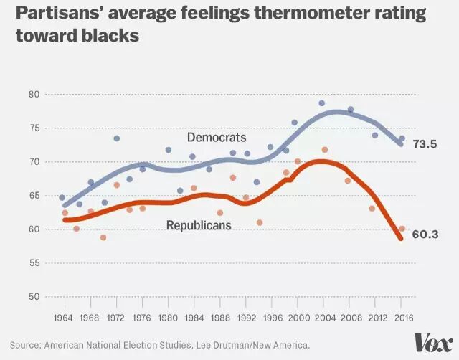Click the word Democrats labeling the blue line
(x=217, y=137)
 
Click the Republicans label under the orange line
(x=199, y=225)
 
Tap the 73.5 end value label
(x=425, y=143)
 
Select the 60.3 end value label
(x=425, y=235)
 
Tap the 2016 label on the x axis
(x=402, y=318)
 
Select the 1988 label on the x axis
(x=220, y=318)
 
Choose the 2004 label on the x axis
(x=323, y=318)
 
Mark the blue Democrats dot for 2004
(x=322, y=103)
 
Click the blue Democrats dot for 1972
(x=116, y=138)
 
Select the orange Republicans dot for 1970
(x=103, y=237)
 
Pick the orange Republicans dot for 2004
(x=325, y=150)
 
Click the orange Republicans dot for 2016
(x=402, y=229)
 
